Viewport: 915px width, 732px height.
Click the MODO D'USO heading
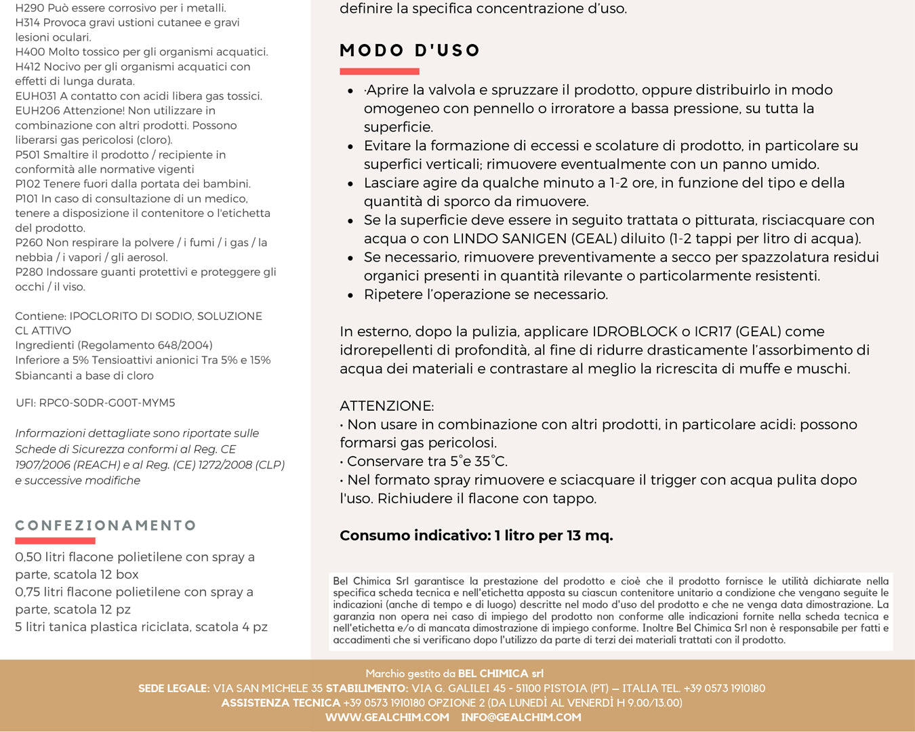pos(410,51)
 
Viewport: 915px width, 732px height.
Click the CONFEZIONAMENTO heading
pos(106,526)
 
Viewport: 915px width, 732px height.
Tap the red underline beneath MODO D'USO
pos(380,71)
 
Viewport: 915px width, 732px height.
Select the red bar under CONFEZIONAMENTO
pos(55,541)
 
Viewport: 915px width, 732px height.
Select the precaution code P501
pos(28,155)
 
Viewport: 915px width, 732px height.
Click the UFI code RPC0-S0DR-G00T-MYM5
pos(107,403)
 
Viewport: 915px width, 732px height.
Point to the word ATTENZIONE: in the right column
pos(387,406)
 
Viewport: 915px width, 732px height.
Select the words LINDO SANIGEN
pos(510,239)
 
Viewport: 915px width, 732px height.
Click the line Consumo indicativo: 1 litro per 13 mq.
pos(476,535)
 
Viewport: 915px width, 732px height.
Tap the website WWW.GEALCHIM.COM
pos(387,717)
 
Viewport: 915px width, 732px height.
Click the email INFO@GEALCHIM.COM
pos(521,717)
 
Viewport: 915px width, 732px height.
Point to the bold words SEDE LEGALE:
pos(174,689)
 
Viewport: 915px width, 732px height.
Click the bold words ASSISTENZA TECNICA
pos(281,703)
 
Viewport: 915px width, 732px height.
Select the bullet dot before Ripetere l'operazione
pos(350,295)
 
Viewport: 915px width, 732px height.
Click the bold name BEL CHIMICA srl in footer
pos(501,674)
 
